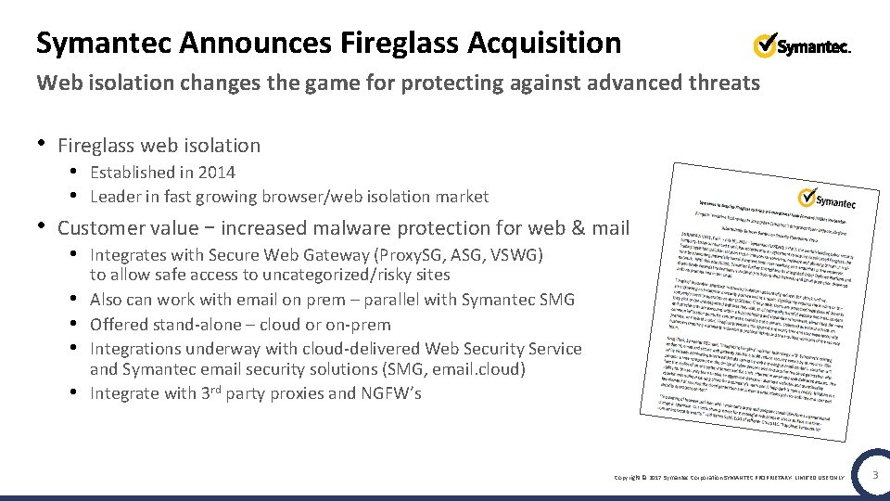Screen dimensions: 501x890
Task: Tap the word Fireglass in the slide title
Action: coord(400,43)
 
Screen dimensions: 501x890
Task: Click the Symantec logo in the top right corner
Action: coord(802,45)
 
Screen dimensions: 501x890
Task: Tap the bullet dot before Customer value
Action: coord(41,226)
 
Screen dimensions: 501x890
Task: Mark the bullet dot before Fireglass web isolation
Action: coord(41,144)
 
